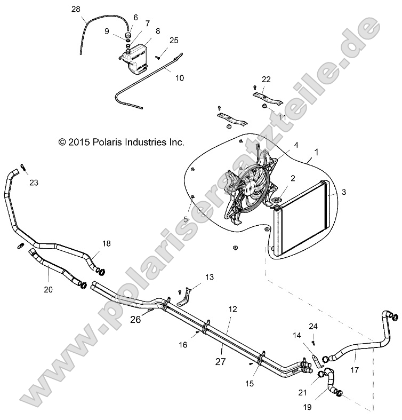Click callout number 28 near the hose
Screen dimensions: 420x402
tap(76, 10)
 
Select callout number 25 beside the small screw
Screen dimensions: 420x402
tap(174, 41)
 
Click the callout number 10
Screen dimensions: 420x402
tap(180, 78)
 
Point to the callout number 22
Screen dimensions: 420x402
tap(266, 80)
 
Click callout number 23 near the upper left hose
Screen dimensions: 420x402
tap(34, 183)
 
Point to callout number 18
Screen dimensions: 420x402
tap(107, 243)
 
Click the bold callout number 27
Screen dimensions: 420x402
tap(220, 361)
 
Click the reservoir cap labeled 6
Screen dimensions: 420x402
tap(128, 36)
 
